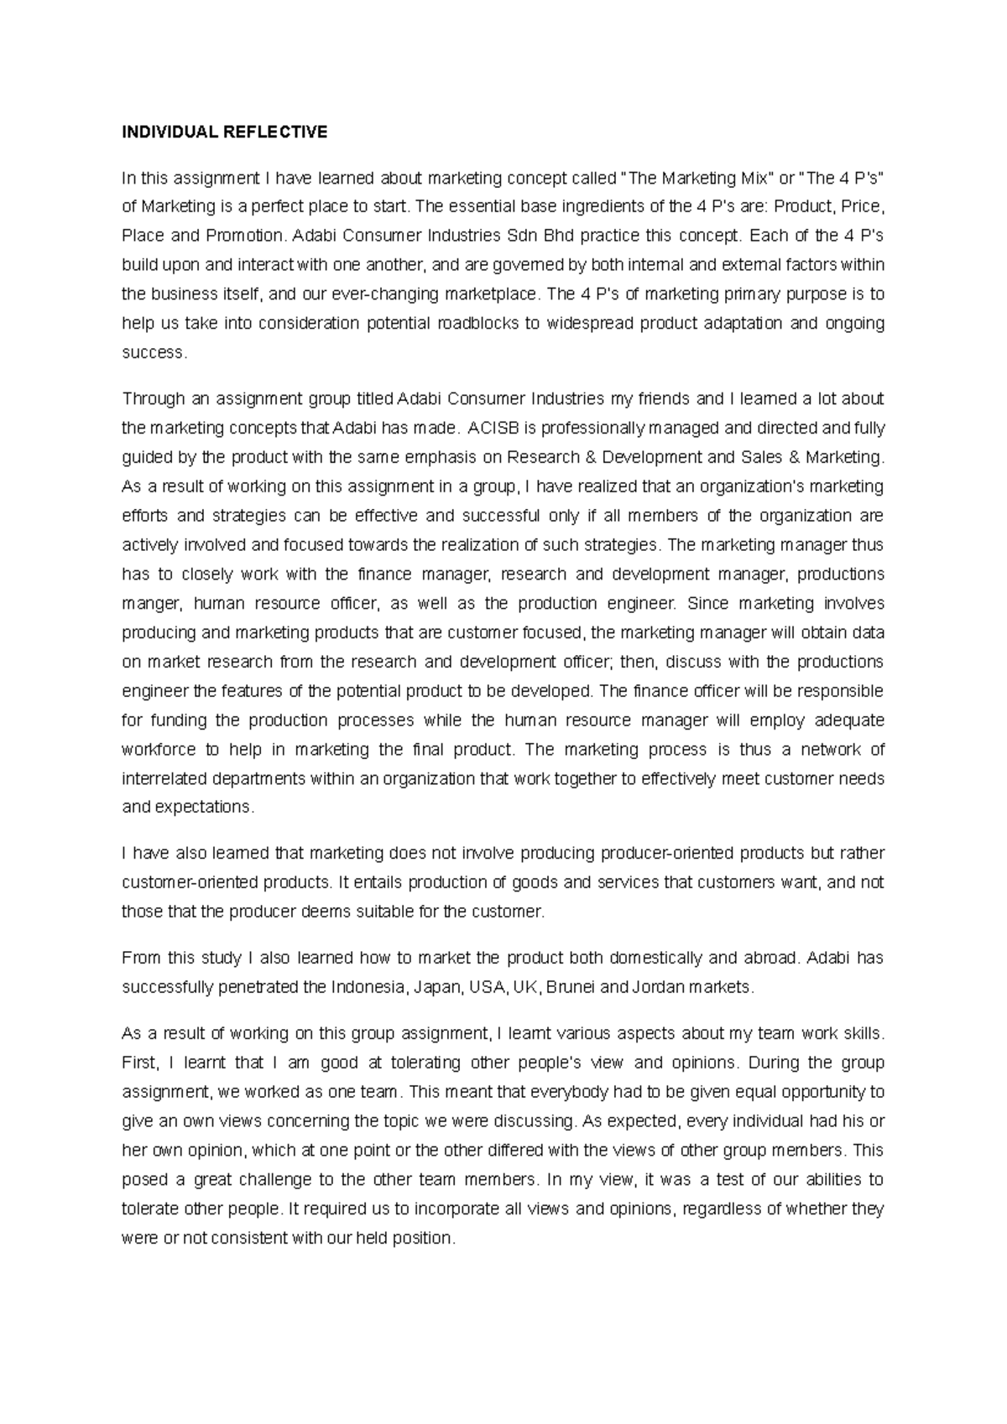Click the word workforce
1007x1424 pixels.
click(x=159, y=750)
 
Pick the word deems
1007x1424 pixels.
click(x=324, y=912)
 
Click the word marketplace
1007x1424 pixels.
click(x=490, y=294)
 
